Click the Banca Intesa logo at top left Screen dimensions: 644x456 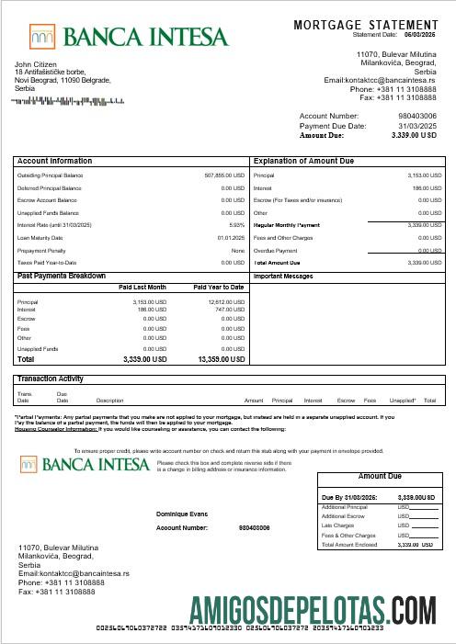[x=128, y=37]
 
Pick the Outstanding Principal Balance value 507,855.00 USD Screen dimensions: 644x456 [x=224, y=175]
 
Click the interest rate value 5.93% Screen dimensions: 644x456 [x=237, y=224]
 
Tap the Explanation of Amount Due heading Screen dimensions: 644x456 [x=302, y=161]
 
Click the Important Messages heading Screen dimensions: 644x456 [x=283, y=276]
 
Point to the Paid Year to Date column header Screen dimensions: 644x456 [x=219, y=288]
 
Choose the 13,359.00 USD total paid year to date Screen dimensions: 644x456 [x=221, y=359]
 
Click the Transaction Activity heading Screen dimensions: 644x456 [x=51, y=378]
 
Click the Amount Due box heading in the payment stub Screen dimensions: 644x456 [x=380, y=477]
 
